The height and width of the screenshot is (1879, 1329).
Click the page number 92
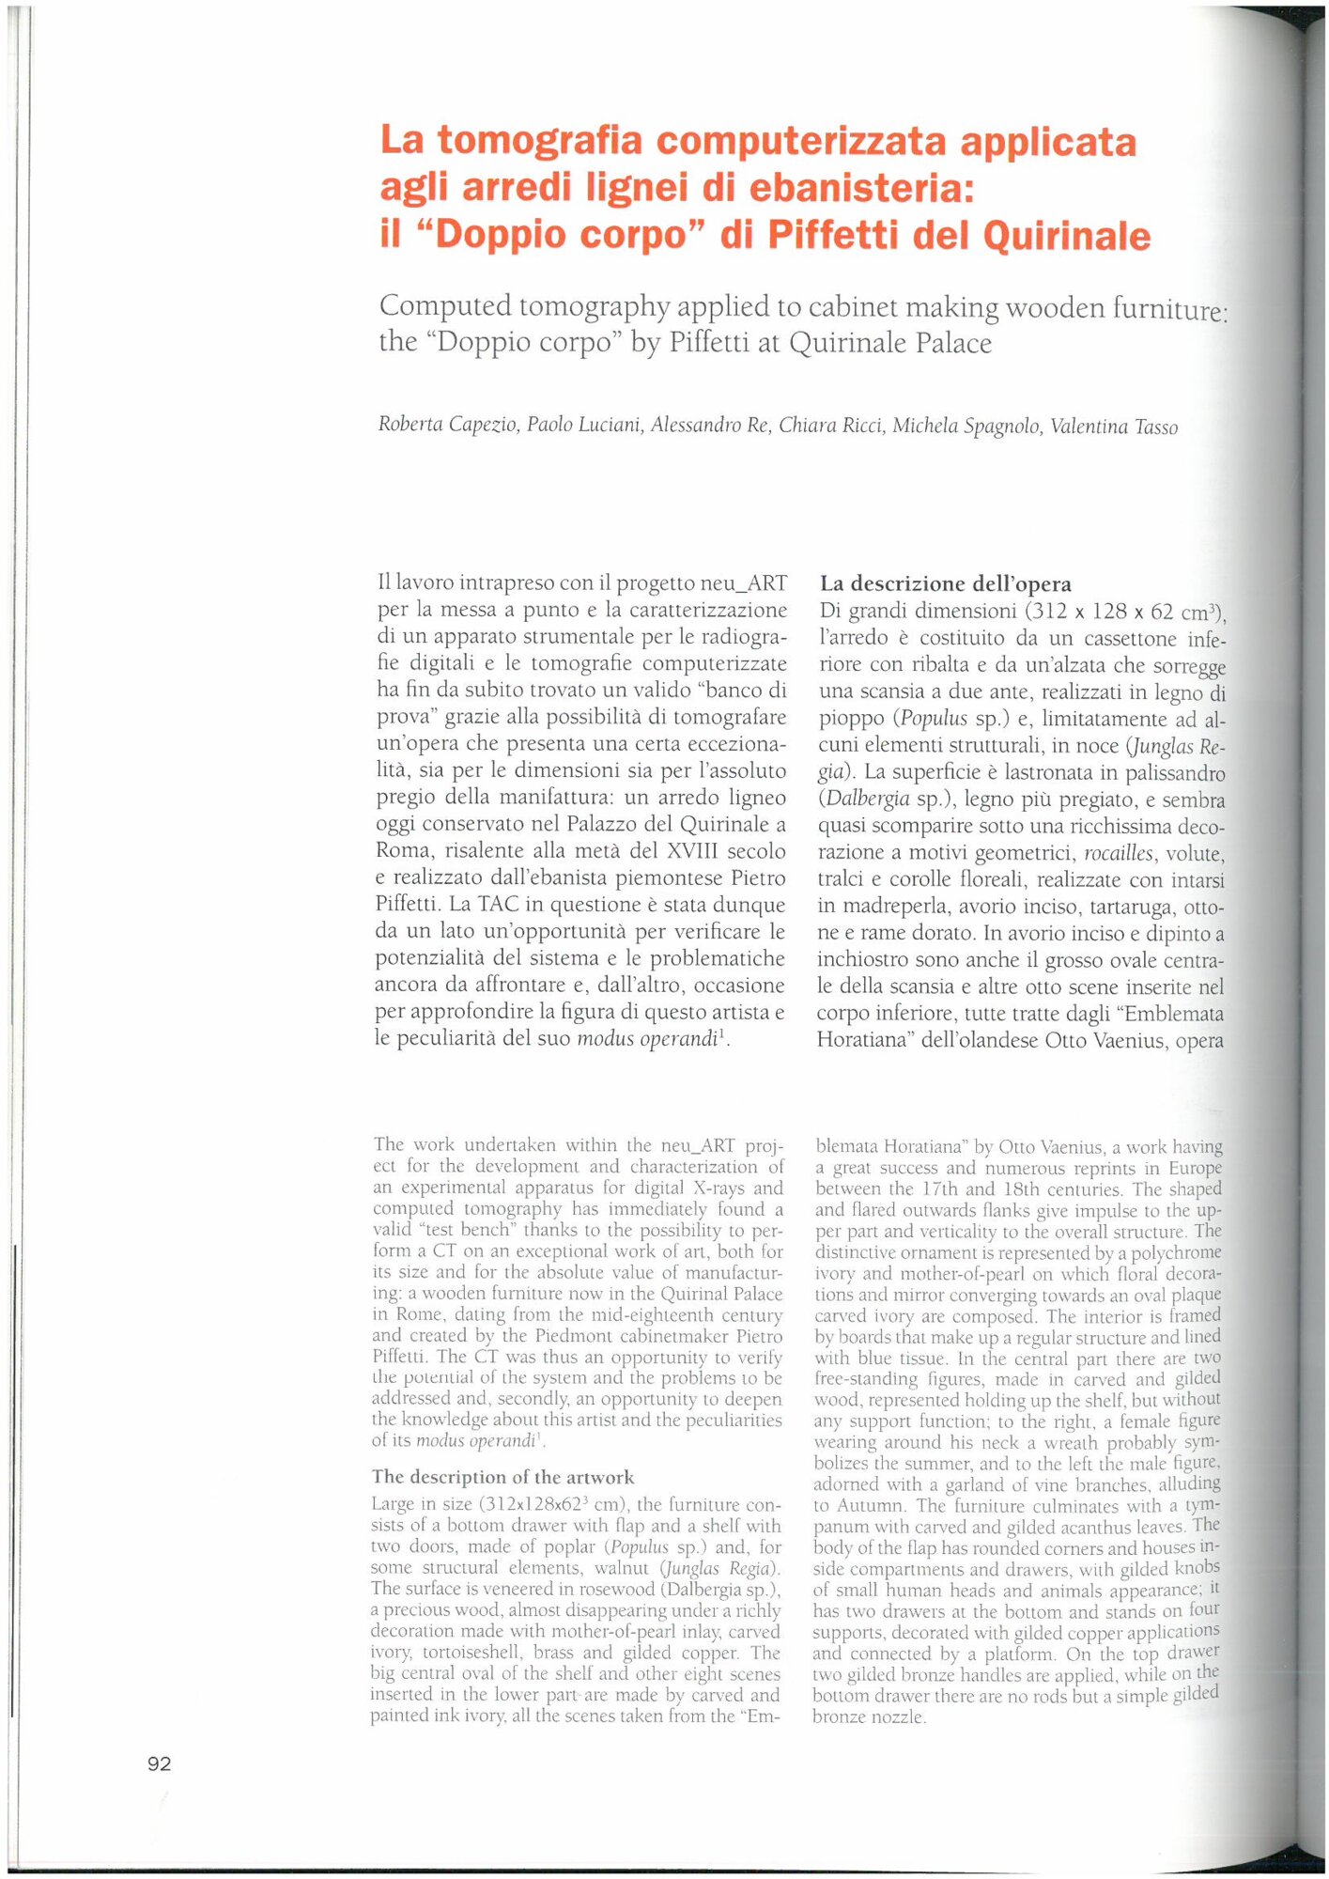coord(160,1763)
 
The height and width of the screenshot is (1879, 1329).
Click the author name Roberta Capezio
coord(448,425)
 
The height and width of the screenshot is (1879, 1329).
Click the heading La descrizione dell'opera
coord(946,583)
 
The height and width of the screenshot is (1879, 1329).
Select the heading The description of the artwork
coord(503,1477)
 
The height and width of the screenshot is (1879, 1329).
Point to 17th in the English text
coord(940,1189)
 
